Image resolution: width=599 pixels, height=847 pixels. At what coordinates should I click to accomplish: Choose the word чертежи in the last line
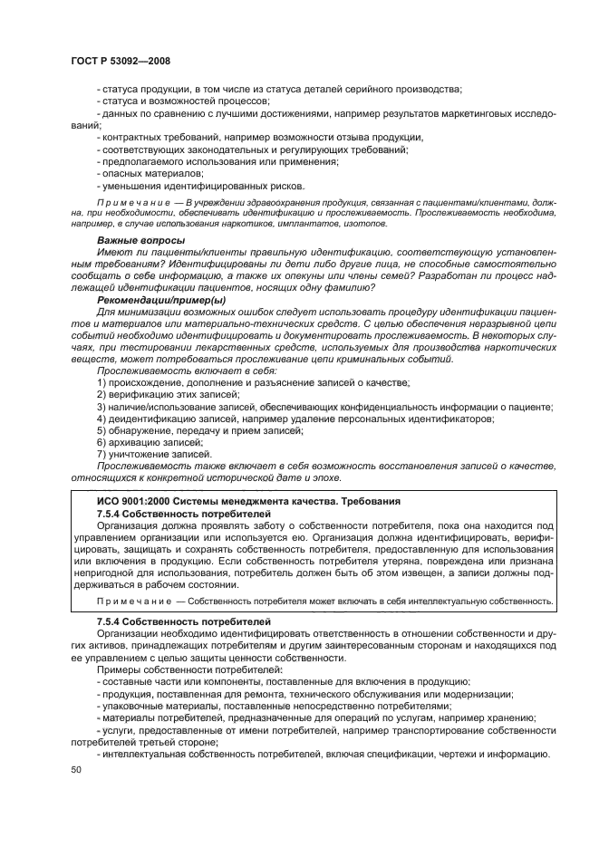click(461, 754)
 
